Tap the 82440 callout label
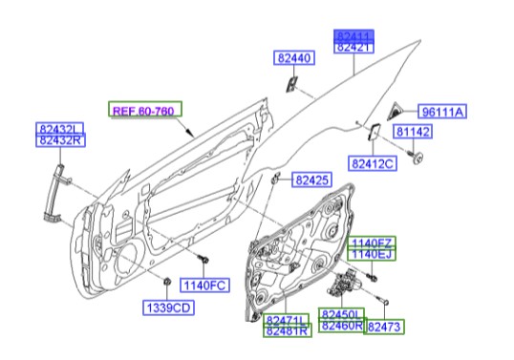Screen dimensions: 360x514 click(294, 58)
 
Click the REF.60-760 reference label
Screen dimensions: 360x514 click(144, 110)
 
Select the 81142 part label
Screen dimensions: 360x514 click(415, 133)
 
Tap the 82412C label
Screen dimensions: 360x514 click(372, 165)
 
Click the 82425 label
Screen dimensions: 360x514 click(311, 179)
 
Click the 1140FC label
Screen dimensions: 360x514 click(205, 285)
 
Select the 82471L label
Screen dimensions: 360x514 click(288, 320)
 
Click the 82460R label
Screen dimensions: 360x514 click(341, 327)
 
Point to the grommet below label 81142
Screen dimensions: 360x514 click(416, 156)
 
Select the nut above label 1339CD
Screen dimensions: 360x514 click(167, 282)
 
